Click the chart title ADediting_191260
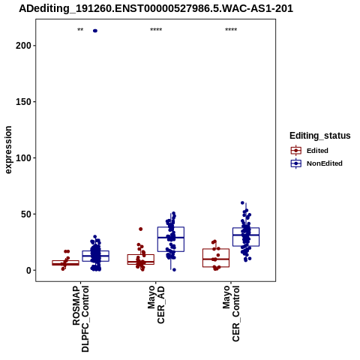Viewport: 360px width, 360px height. click(x=156, y=8)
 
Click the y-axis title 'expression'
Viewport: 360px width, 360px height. click(x=8, y=150)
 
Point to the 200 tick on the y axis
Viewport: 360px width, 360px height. click(x=34, y=46)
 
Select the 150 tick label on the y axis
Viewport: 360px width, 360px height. click(x=23, y=102)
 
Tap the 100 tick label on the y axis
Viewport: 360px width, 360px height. click(x=23, y=158)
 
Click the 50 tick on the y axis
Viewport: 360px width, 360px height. click(x=34, y=214)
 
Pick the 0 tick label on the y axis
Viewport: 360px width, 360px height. click(x=28, y=271)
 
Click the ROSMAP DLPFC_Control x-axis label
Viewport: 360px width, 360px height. click(x=80, y=319)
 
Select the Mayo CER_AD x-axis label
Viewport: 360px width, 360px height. click(x=156, y=304)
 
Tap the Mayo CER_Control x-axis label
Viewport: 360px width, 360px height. click(x=231, y=313)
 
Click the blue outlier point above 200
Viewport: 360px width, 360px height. click(x=95, y=31)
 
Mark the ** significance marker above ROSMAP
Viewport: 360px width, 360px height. click(x=80, y=30)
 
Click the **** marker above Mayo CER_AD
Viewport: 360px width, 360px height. click(x=156, y=30)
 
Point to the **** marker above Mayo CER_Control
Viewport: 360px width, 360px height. click(x=231, y=30)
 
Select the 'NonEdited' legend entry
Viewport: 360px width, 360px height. click(x=316, y=163)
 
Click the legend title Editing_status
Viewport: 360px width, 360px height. click(x=320, y=136)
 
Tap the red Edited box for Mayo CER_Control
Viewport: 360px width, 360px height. click(x=216, y=258)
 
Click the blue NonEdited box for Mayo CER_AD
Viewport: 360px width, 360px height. click(x=171, y=239)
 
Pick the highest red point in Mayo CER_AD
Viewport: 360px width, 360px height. click(x=141, y=229)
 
